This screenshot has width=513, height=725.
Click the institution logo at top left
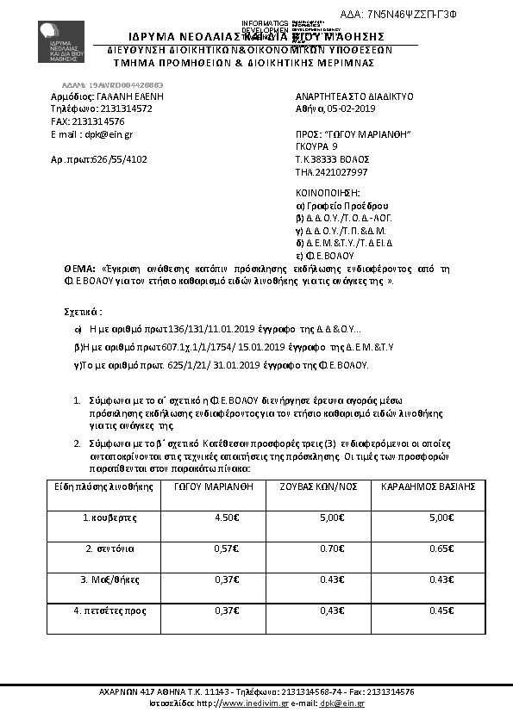pyautogui.click(x=62, y=43)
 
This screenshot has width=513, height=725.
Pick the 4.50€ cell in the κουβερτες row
pyautogui.click(x=227, y=517)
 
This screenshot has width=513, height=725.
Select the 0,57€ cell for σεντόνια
pyautogui.click(x=227, y=548)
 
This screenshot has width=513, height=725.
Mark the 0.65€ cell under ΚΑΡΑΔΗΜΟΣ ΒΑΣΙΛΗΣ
pyautogui.click(x=441, y=548)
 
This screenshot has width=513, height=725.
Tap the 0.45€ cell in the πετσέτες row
pyautogui.click(x=441, y=610)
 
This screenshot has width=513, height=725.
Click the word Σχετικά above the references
pyautogui.click(x=84, y=309)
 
